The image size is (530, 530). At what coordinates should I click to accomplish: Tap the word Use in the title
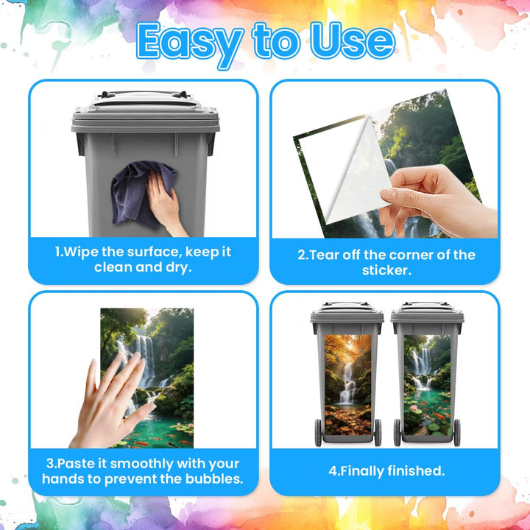tap(353, 40)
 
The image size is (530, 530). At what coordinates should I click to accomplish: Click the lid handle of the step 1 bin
tap(144, 94)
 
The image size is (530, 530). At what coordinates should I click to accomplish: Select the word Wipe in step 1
tap(81, 252)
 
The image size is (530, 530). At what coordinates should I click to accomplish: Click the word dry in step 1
tap(178, 268)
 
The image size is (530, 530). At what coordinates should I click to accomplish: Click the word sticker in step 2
tap(386, 270)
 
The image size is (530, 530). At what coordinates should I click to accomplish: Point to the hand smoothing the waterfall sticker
tap(110, 402)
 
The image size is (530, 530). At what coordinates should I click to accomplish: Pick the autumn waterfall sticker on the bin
tap(347, 385)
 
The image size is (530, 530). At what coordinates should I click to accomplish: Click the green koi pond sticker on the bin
tap(427, 385)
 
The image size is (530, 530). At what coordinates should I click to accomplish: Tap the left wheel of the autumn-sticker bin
tap(318, 432)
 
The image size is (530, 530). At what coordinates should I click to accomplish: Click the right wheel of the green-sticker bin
tap(456, 432)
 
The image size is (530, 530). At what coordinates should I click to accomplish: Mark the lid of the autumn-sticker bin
tap(347, 314)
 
